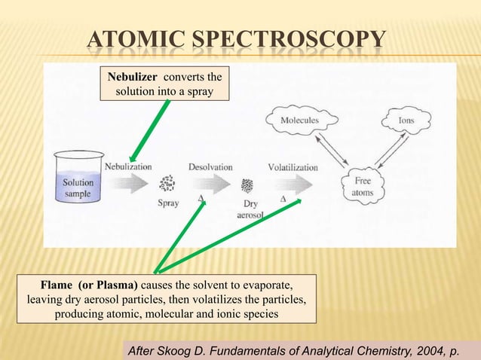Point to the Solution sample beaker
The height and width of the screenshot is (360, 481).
click(78, 182)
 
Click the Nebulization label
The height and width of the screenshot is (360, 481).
click(128, 166)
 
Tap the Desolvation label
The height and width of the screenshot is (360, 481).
click(210, 166)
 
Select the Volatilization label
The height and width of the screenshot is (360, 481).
click(293, 166)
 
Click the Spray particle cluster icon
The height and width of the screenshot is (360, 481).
click(167, 185)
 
